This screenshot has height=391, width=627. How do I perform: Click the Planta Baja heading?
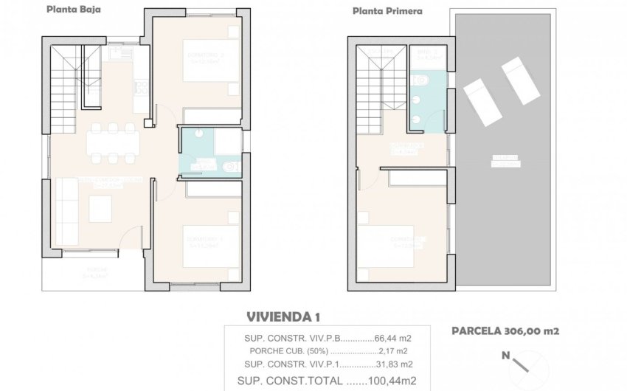pyautogui.click(x=75, y=10)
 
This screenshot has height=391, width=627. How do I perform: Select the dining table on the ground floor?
pyautogui.click(x=111, y=142)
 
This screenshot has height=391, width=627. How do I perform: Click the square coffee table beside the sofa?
pyautogui.click(x=101, y=209)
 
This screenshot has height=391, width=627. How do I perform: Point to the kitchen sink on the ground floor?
pyautogui.click(x=118, y=53)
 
